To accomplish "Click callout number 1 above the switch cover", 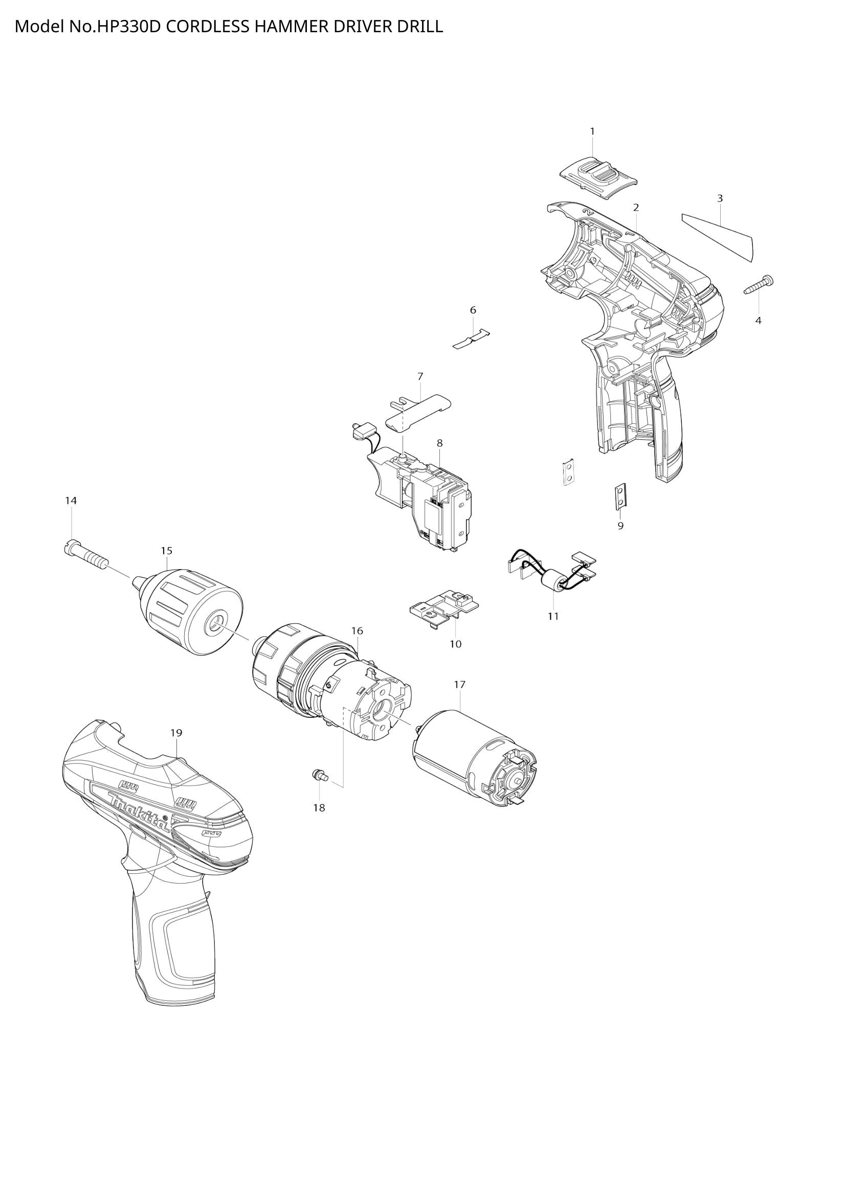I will [592, 132].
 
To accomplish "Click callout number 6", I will [473, 310].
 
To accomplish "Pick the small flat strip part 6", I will [472, 339].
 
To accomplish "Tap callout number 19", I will [176, 732].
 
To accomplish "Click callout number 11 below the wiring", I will [553, 616].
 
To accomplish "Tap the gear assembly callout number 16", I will [357, 631].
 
